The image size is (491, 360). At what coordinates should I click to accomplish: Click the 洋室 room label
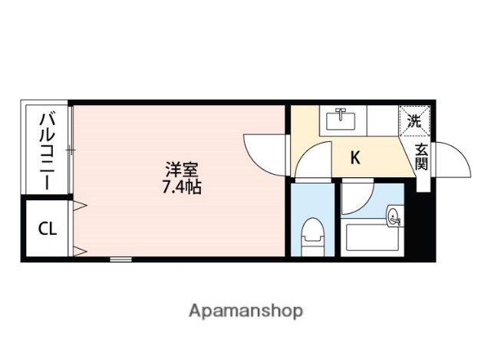(x=182, y=169)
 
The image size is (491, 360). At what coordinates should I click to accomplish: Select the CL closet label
(x=46, y=229)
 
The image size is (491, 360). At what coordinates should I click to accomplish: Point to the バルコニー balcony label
(x=46, y=150)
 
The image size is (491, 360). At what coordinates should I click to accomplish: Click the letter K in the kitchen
(x=355, y=158)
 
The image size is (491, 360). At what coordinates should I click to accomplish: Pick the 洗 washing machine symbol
(x=414, y=121)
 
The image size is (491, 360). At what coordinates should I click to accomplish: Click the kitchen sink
(x=341, y=120)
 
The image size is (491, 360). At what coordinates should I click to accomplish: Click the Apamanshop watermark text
(x=245, y=311)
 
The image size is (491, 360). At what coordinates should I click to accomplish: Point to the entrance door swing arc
(x=453, y=160)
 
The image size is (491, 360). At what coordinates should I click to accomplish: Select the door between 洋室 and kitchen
(x=265, y=150)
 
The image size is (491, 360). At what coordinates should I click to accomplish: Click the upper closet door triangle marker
(x=78, y=204)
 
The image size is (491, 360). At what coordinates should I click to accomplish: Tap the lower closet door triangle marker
(x=78, y=250)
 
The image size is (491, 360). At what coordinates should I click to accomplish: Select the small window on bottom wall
(x=120, y=259)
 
